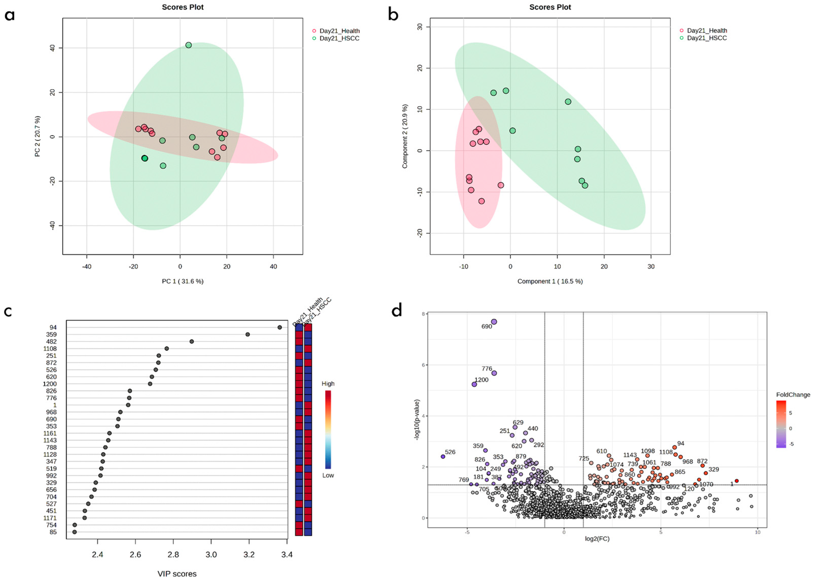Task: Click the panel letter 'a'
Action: point(10,15)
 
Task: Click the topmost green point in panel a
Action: point(188,45)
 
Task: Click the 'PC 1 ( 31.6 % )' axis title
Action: point(183,281)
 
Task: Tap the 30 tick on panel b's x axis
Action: point(651,266)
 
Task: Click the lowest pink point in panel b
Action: point(481,201)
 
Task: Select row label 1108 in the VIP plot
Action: point(50,349)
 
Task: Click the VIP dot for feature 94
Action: point(280,327)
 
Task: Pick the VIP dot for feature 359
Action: point(247,334)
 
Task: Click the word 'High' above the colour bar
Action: point(328,384)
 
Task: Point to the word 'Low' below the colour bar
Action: point(328,475)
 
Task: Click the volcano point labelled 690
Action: point(494,322)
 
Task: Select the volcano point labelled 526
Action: point(443,457)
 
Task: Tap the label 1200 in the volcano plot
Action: point(481,380)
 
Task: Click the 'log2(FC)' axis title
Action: point(597,538)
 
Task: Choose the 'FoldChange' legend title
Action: point(793,395)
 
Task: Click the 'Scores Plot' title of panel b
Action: point(550,7)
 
